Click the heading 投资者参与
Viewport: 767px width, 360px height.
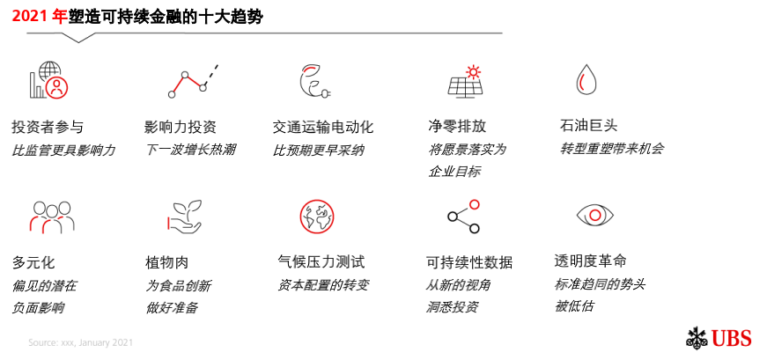point(48,127)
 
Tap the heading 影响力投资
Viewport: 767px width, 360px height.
point(181,127)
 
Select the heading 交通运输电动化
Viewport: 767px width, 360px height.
point(323,127)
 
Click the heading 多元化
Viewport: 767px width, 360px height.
point(33,262)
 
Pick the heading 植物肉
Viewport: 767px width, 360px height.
point(166,262)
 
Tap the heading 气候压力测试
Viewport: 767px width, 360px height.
point(321,261)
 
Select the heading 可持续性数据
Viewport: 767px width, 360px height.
point(468,262)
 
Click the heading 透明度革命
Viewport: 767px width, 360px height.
point(590,261)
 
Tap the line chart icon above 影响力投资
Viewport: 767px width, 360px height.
point(192,81)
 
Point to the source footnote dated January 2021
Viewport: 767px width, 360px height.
point(80,342)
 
